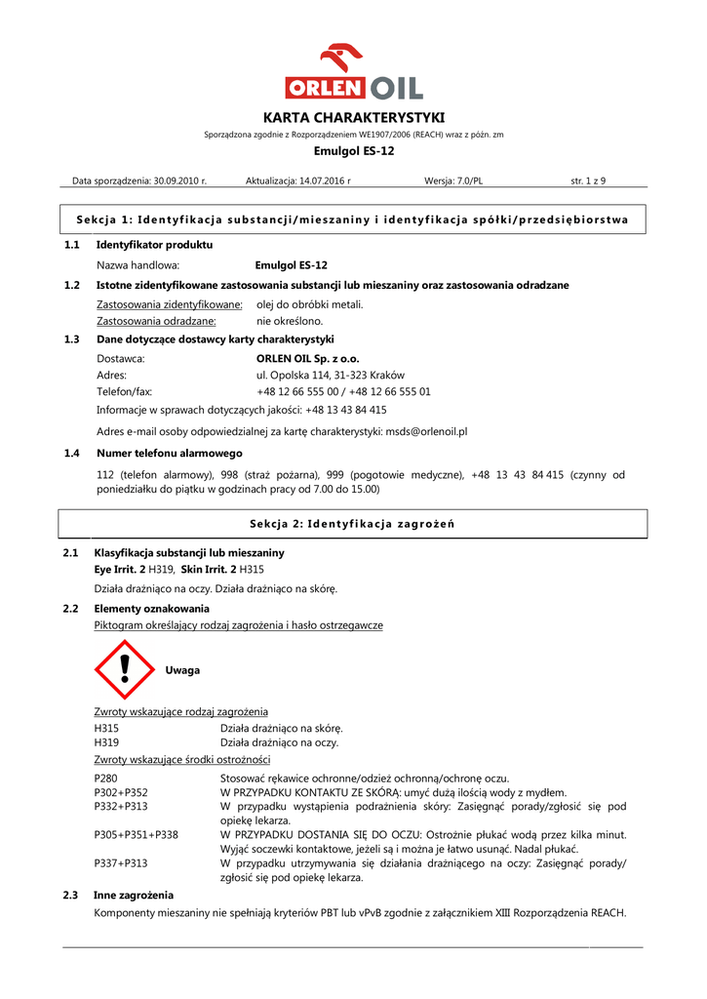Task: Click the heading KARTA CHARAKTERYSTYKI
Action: tap(354, 117)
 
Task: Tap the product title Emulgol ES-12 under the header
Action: tap(354, 151)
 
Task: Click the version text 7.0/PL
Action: tap(466, 180)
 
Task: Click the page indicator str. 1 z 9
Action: tap(587, 180)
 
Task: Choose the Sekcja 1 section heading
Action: tap(353, 220)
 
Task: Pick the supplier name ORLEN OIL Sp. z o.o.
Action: tap(306, 359)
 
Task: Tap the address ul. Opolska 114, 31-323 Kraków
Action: tap(330, 375)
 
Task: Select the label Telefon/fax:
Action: tap(125, 391)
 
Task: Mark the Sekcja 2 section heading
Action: tap(353, 524)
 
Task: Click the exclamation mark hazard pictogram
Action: tap(125, 670)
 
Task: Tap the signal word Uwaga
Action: tap(182, 670)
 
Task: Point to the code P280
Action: tap(105, 778)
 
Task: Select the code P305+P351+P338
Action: tap(136, 835)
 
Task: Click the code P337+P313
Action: tap(121, 863)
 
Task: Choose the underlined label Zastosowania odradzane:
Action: tap(156, 320)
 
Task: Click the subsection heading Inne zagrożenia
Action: tap(134, 895)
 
